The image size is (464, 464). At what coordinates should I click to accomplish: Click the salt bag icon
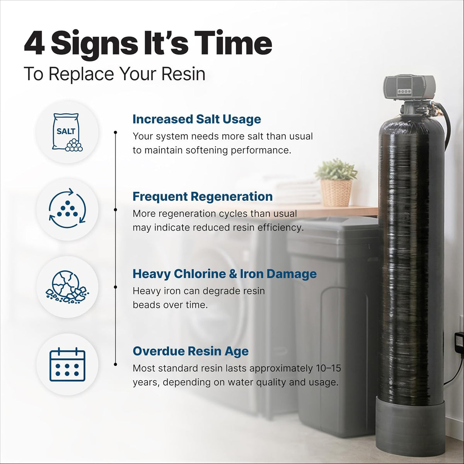pyautogui.click(x=67, y=132)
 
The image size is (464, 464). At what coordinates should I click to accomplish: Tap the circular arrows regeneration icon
pyautogui.click(x=67, y=208)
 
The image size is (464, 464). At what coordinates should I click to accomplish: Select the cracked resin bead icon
pyautogui.click(x=67, y=287)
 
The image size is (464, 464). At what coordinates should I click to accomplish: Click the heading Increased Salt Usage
pyautogui.click(x=197, y=119)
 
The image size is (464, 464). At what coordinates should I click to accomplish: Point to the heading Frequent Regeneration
pyautogui.click(x=203, y=196)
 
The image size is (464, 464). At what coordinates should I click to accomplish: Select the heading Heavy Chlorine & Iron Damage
pyautogui.click(x=224, y=274)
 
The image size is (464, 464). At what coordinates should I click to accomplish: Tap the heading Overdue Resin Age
pyautogui.click(x=191, y=351)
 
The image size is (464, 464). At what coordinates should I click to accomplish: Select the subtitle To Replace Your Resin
pyautogui.click(x=114, y=74)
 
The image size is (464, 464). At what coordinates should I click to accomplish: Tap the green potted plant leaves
pyautogui.click(x=336, y=169)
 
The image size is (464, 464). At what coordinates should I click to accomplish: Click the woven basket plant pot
pyautogui.click(x=336, y=193)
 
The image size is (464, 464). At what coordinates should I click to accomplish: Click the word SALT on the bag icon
pyautogui.click(x=66, y=131)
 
